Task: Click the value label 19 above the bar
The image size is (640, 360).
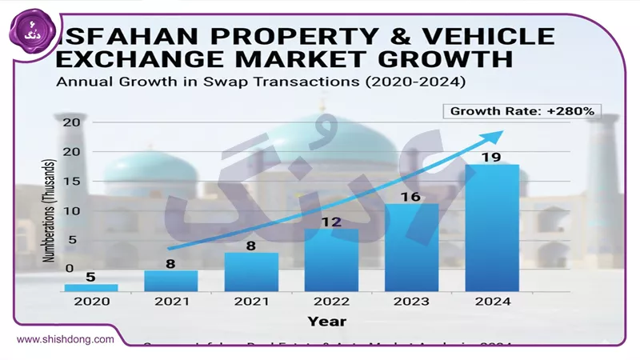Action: [491, 157]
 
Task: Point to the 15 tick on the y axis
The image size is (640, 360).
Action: [73, 182]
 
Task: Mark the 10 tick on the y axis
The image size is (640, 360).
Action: [73, 210]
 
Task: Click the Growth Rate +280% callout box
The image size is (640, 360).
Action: [522, 111]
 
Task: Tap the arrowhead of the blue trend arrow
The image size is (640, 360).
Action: [497, 135]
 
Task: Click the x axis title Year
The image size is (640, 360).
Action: [326, 321]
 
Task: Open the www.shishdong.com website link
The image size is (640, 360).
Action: [63, 339]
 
